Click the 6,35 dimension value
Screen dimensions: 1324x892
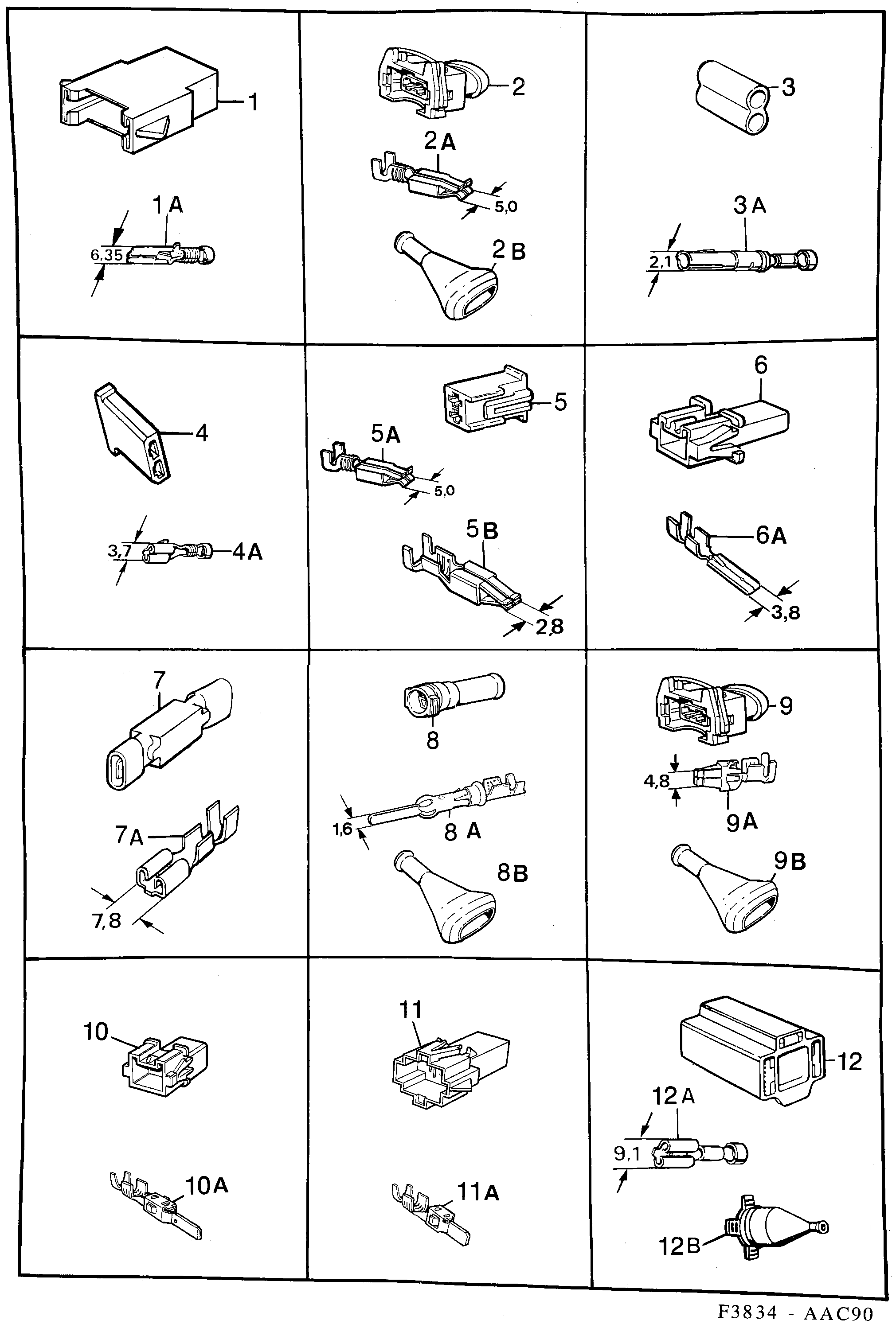point(106,255)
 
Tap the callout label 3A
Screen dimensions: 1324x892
point(749,205)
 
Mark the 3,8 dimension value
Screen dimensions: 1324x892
point(786,612)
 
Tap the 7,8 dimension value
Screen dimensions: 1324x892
point(107,920)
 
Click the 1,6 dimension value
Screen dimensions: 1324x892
point(342,829)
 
